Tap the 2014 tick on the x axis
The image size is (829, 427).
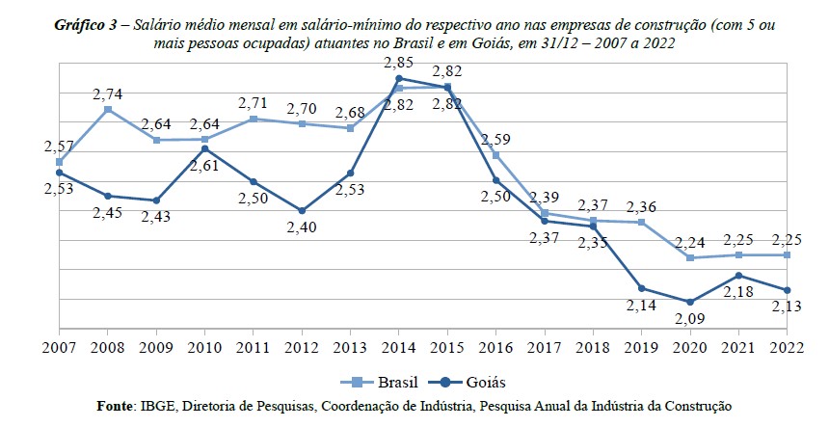click(x=399, y=346)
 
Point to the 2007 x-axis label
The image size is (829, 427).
click(x=59, y=346)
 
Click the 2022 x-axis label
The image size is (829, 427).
click(x=788, y=346)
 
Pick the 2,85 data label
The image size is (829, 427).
click(x=399, y=62)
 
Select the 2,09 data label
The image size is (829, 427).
click(x=690, y=318)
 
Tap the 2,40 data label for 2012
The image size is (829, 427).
click(x=302, y=227)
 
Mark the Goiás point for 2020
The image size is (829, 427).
click(x=690, y=302)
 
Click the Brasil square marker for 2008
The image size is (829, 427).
click(x=108, y=110)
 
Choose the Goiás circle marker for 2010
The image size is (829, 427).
click(x=204, y=149)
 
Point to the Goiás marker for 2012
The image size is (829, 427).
click(x=302, y=210)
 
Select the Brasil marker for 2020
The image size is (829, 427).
click(x=690, y=257)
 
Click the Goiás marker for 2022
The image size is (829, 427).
click(x=788, y=290)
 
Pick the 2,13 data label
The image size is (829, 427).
click(x=788, y=307)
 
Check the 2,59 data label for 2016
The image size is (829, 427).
click(x=495, y=139)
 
